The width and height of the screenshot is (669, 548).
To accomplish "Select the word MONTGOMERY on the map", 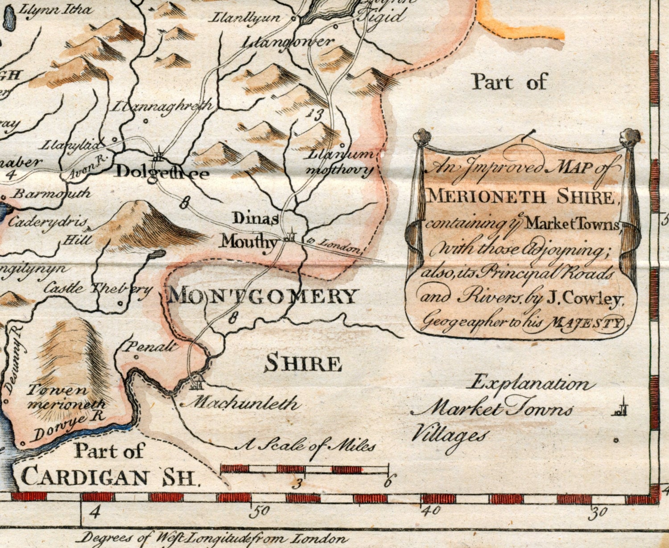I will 263,296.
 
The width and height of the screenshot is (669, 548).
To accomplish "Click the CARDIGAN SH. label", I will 109,477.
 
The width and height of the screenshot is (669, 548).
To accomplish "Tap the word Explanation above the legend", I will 533,384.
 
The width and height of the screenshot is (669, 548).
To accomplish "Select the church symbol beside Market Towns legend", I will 622,407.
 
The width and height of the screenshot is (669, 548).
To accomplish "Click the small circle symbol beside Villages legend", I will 616,440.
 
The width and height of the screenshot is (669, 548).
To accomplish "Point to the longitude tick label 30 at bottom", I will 597,514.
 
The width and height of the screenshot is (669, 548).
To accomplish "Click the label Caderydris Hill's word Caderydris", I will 48,222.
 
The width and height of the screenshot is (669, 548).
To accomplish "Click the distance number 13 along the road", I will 314,114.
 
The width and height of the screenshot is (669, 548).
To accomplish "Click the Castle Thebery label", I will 98,289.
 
